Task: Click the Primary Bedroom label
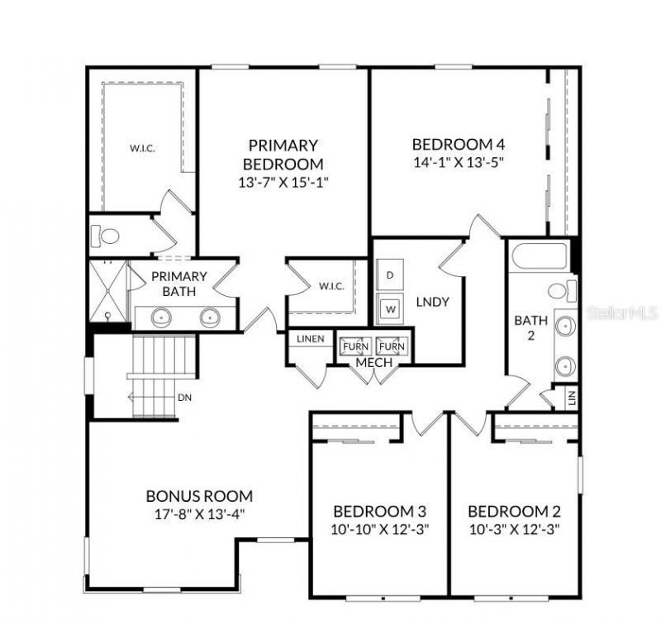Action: tap(283, 154)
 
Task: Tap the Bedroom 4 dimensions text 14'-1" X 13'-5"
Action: tap(458, 161)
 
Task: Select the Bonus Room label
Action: tap(199, 496)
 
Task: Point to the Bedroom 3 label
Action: tap(379, 511)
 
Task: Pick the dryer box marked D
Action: tap(390, 274)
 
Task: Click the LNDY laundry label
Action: tap(433, 302)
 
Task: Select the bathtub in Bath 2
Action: tap(539, 255)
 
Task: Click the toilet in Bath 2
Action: tap(562, 290)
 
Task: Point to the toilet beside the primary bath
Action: tap(105, 236)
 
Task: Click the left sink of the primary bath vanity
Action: tap(162, 316)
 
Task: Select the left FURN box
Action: tap(355, 346)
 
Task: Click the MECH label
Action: tap(373, 362)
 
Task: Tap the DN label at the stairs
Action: tap(184, 397)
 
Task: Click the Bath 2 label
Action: tap(526, 327)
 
